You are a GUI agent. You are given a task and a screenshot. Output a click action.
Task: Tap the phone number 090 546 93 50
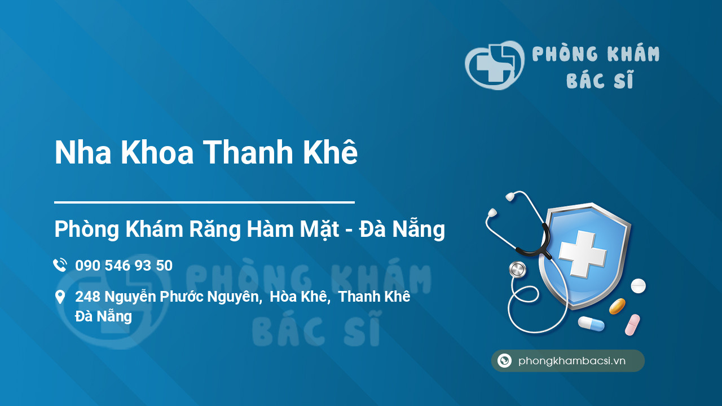coord(124,266)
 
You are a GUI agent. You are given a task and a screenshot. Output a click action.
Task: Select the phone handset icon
coord(60,265)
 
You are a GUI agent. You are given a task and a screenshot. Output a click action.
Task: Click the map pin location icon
coord(60,297)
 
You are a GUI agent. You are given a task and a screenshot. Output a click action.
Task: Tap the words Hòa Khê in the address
coord(299,297)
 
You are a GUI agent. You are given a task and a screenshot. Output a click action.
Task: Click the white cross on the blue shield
coord(583,253)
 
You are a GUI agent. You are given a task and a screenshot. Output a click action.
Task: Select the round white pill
coord(638,286)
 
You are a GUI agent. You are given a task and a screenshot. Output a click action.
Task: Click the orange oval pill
coord(617,306)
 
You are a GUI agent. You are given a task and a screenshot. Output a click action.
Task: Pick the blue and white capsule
coord(591,324)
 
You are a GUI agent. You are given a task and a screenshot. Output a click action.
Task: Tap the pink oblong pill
coord(632,325)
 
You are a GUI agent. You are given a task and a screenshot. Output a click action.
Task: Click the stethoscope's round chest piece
coord(517,270)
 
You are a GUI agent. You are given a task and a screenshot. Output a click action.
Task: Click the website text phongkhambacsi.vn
coord(572,361)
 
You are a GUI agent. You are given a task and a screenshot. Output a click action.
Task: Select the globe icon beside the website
coord(504,361)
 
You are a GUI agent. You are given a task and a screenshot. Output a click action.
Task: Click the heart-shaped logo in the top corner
coord(494,65)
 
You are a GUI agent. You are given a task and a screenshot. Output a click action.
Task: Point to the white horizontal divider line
coord(204,201)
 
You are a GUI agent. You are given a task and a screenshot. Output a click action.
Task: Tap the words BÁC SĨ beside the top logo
coord(600,81)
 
